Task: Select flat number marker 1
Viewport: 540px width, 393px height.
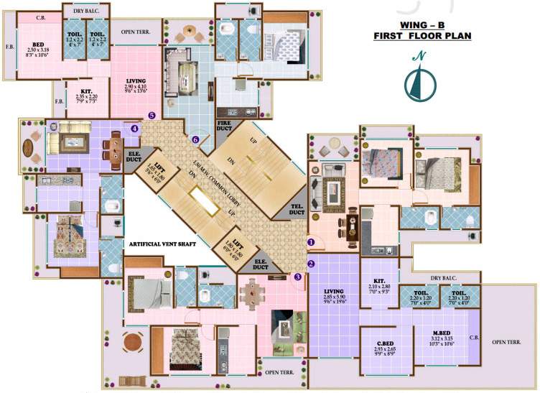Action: (311, 243)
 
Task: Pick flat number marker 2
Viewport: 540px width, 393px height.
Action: (311, 264)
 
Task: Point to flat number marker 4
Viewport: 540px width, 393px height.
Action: (135, 129)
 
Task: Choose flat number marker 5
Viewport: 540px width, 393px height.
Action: (152, 114)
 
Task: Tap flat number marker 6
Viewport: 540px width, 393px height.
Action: (195, 139)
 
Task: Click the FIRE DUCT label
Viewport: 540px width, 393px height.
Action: (228, 128)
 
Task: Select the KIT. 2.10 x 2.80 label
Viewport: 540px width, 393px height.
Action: (380, 285)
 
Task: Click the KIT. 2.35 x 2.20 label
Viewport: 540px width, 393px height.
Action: (85, 95)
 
